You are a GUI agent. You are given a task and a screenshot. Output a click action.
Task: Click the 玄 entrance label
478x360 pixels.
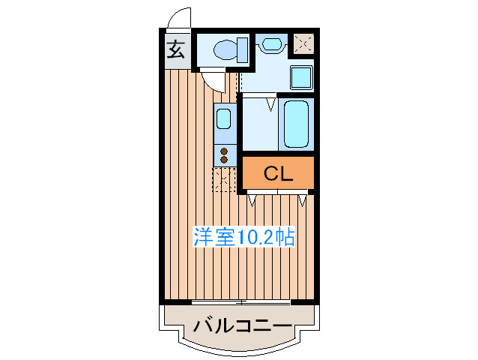pyautogui.click(x=175, y=51)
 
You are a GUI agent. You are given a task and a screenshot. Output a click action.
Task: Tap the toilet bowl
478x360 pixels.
pyautogui.click(x=225, y=50)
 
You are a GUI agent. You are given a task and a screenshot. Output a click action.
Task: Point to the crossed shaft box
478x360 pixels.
pyautogui.click(x=303, y=43)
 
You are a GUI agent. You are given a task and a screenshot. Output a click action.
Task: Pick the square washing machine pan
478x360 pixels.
pyautogui.click(x=301, y=76)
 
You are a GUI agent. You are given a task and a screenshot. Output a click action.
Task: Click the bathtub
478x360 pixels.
pyautogui.click(x=296, y=124)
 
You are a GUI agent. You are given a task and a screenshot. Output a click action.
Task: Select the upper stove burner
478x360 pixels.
pyautogui.click(x=224, y=151)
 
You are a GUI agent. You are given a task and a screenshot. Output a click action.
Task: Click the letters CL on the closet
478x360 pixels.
pyautogui.click(x=277, y=174)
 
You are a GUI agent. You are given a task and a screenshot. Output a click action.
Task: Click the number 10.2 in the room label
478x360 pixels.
pyautogui.click(x=255, y=238)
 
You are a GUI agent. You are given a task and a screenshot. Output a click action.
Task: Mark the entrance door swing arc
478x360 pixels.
pyautogui.click(x=177, y=16)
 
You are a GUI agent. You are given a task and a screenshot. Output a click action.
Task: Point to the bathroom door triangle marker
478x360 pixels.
pyautogui.click(x=269, y=103)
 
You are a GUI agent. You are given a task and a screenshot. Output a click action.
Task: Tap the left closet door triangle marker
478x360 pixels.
pyautogui.click(x=252, y=199)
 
